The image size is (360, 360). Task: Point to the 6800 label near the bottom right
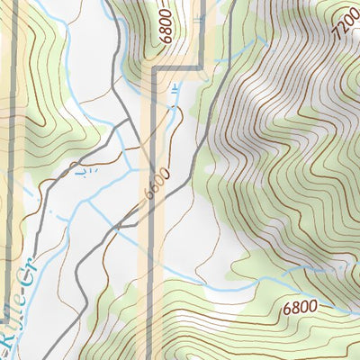pyautogui.click(x=300, y=307)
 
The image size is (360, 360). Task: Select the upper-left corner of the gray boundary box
pyautogui.click(x=157, y=67)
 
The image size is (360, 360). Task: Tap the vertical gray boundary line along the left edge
pyautogui.click(x=6, y=135)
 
